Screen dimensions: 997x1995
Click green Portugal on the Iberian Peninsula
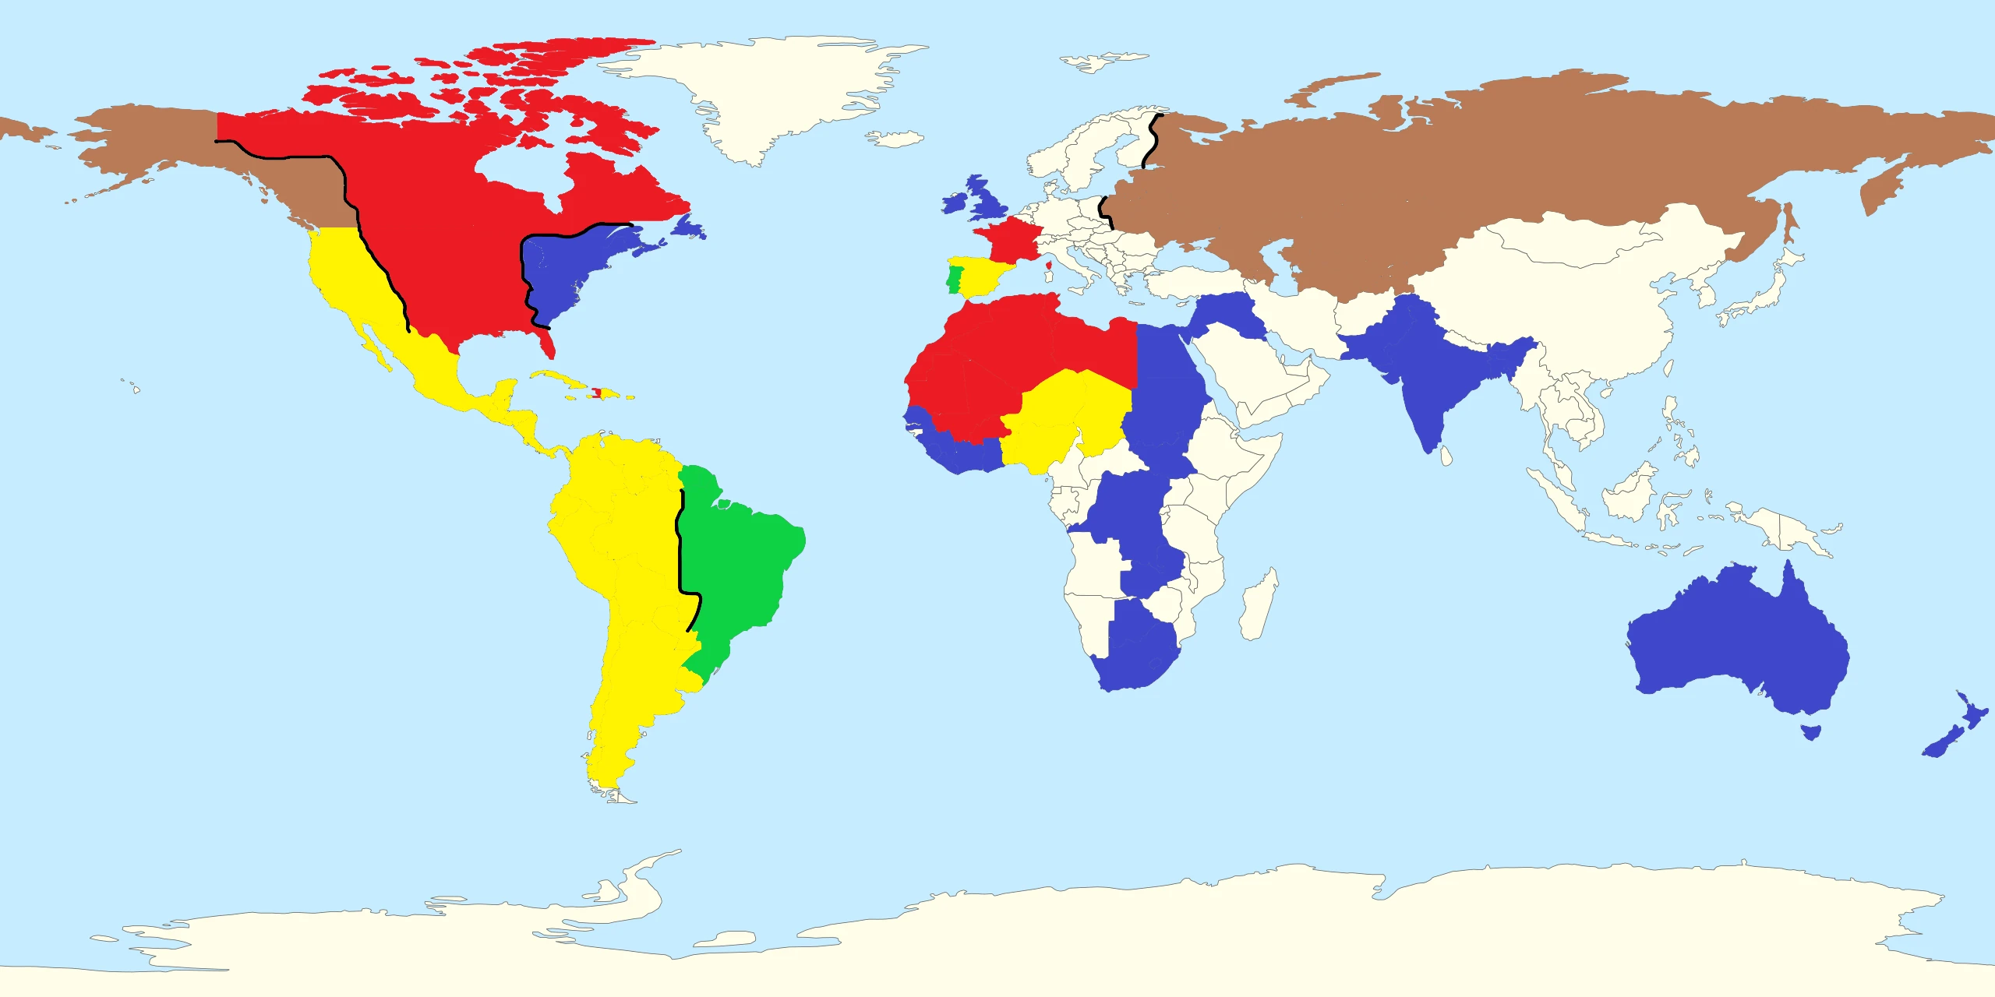954,280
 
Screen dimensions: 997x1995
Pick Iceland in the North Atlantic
896,139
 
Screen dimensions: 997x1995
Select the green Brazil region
740,561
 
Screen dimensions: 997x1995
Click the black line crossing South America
680,545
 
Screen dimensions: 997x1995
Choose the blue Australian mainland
1738,639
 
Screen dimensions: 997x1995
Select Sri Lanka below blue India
1446,456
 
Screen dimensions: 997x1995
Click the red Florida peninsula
548,343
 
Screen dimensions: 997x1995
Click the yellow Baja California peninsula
372,343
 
